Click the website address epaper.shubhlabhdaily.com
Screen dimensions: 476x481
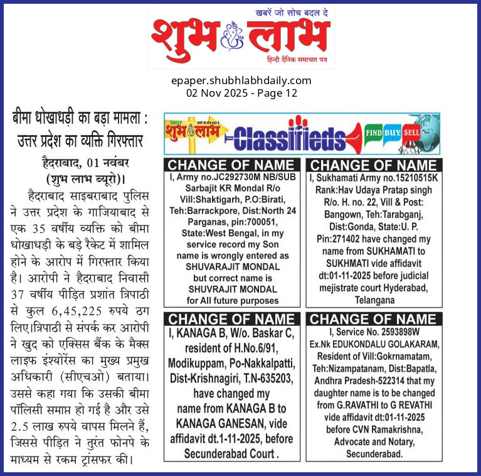pos(241,80)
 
